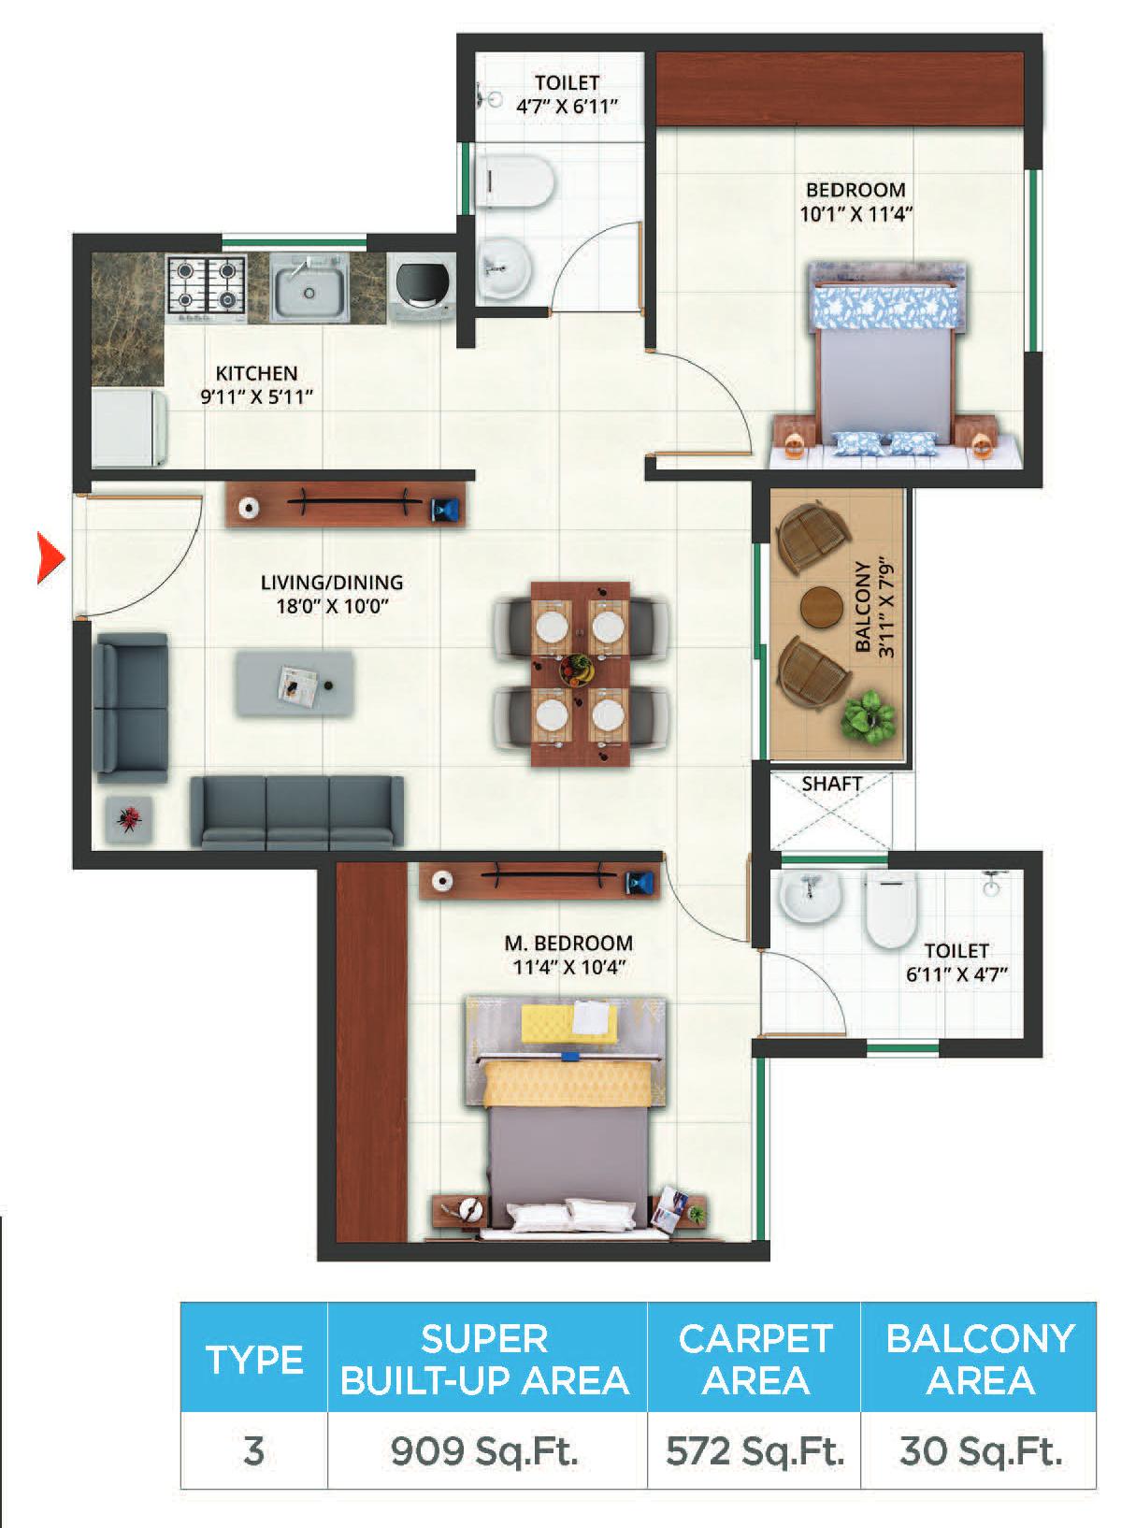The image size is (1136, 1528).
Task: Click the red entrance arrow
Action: (x=50, y=558)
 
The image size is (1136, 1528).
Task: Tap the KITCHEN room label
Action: (x=256, y=373)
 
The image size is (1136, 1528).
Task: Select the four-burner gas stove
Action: (x=206, y=288)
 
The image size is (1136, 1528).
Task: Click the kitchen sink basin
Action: (x=308, y=287)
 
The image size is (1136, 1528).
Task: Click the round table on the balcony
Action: (x=822, y=606)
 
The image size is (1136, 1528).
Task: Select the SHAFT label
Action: (x=831, y=784)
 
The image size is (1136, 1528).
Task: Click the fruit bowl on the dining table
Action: (x=578, y=669)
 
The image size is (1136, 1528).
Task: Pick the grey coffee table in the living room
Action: (x=295, y=685)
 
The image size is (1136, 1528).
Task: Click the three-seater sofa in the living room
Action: (x=297, y=813)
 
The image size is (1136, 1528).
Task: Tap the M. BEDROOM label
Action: (x=568, y=943)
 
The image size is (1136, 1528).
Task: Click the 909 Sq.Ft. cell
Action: (x=484, y=1451)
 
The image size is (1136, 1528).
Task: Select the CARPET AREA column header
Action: (x=755, y=1360)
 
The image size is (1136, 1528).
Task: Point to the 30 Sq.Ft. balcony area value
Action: (x=980, y=1451)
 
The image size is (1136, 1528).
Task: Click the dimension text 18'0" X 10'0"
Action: (x=333, y=607)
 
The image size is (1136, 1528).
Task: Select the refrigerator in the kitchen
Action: (x=130, y=428)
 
